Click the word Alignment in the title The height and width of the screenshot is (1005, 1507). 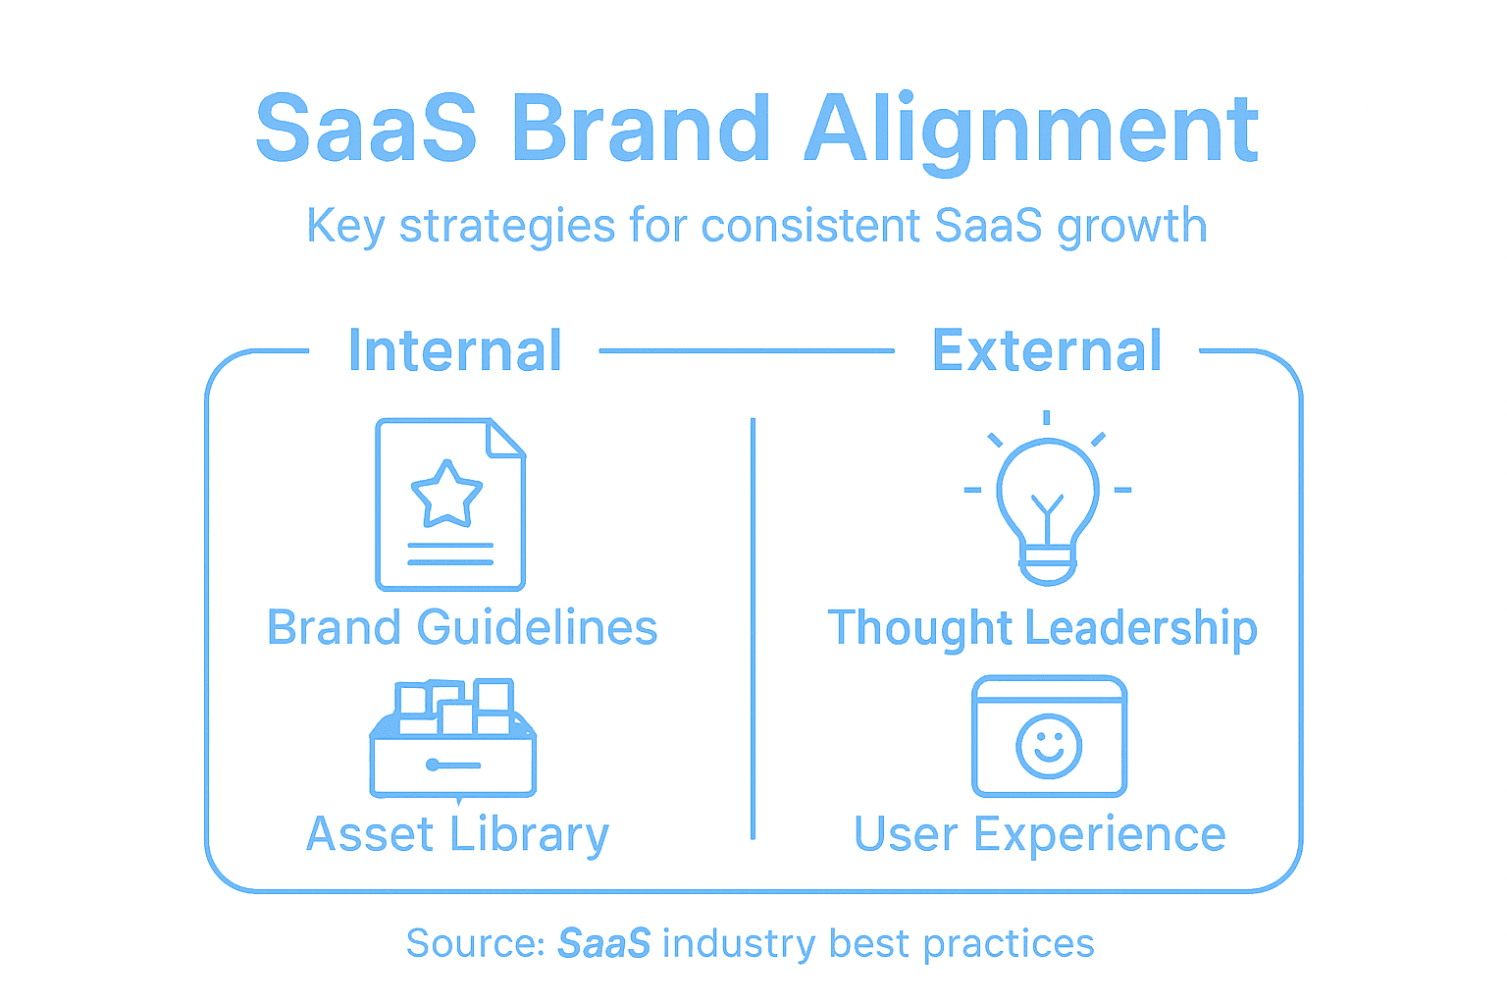click(x=1031, y=131)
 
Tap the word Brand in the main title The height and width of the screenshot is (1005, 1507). click(x=641, y=131)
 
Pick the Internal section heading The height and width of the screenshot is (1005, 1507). click(x=455, y=351)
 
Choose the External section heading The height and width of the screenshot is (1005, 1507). click(x=1047, y=351)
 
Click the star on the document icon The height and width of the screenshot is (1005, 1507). click(x=446, y=494)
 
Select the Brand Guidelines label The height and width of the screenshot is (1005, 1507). click(x=462, y=628)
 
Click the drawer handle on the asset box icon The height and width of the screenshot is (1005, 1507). click(x=453, y=765)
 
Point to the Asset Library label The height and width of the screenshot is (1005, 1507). click(x=457, y=835)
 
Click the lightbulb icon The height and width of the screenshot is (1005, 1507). click(x=1048, y=501)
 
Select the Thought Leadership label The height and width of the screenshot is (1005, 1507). click(x=1042, y=628)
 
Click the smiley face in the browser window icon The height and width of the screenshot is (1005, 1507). click(x=1049, y=746)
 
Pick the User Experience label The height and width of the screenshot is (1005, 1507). click(x=1040, y=835)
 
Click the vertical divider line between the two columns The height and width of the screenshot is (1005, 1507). click(x=753, y=628)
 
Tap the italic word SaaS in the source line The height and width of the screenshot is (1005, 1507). click(x=603, y=944)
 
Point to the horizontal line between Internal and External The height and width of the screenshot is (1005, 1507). click(x=746, y=350)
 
